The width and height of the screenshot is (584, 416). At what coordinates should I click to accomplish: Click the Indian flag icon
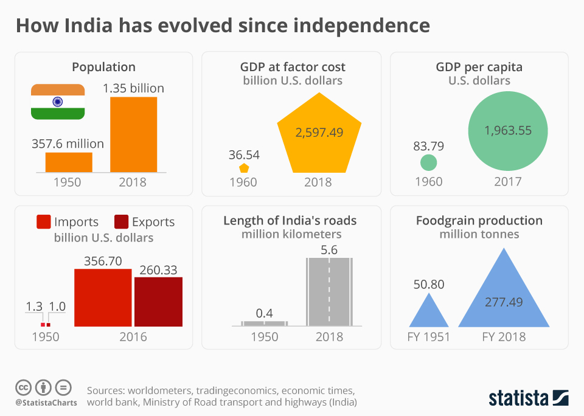pyautogui.click(x=58, y=102)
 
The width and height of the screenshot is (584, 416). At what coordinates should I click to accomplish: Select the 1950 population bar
pyautogui.click(x=69, y=162)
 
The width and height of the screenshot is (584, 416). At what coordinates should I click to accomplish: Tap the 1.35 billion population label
pyautogui.click(x=133, y=88)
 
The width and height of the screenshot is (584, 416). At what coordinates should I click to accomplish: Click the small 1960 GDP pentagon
pyautogui.click(x=244, y=168)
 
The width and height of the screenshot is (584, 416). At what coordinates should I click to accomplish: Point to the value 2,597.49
pyautogui.click(x=319, y=132)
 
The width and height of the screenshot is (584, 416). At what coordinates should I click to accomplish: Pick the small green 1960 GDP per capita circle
pyautogui.click(x=429, y=162)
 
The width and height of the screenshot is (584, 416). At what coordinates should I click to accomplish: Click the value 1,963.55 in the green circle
pyautogui.click(x=508, y=130)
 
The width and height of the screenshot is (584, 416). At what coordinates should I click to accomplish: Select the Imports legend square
pyautogui.click(x=43, y=221)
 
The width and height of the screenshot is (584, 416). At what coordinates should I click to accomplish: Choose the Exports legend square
pyautogui.click(x=120, y=221)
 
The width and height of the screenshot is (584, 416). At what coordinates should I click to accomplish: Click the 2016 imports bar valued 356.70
pyautogui.click(x=103, y=297)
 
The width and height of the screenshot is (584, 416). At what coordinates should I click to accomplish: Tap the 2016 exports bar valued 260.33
pyautogui.click(x=158, y=302)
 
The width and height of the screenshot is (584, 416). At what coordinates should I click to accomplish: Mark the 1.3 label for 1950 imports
pyautogui.click(x=35, y=307)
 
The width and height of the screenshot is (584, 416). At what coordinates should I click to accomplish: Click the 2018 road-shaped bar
pyautogui.click(x=328, y=292)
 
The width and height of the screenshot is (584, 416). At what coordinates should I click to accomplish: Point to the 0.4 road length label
pyautogui.click(x=264, y=313)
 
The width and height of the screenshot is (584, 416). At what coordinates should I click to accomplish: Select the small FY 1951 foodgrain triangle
pyautogui.click(x=429, y=311)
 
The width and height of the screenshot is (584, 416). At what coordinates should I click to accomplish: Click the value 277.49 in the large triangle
pyautogui.click(x=504, y=302)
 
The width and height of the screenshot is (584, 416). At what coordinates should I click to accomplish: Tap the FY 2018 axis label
pyautogui.click(x=504, y=336)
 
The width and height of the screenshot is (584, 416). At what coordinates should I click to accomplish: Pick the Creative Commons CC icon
pyautogui.click(x=23, y=387)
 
